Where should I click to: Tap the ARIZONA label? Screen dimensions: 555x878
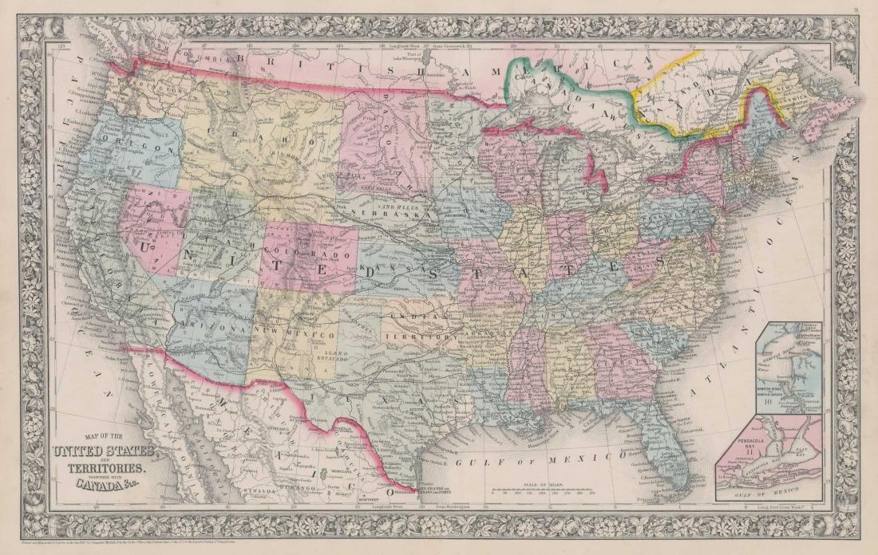(x=214, y=326)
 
